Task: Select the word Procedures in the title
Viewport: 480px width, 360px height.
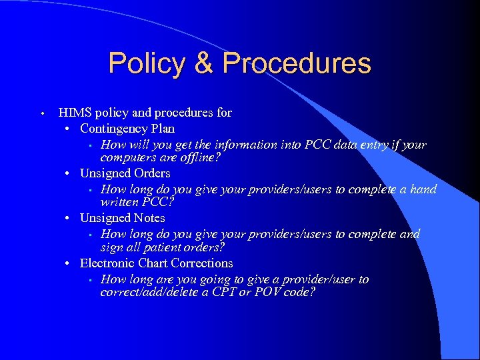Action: coord(297,63)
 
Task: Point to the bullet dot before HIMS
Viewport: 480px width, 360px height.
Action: coord(41,113)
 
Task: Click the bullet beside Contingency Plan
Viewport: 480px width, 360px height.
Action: coord(69,128)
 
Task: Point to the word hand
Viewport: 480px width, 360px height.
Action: coord(423,189)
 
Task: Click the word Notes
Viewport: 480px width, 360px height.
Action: coord(149,218)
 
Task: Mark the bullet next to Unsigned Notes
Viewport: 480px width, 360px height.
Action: coord(69,218)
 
